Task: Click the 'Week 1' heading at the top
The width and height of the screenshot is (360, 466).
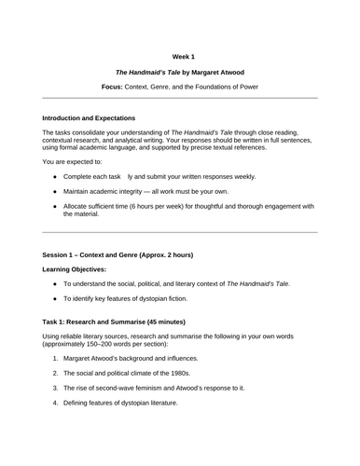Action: pyautogui.click(x=180, y=53)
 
